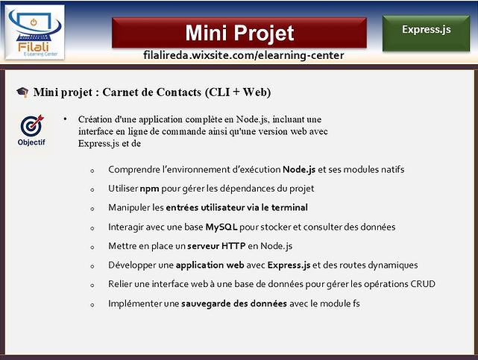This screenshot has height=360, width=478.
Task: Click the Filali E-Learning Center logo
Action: point(35,32)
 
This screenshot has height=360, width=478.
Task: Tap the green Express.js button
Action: point(427,33)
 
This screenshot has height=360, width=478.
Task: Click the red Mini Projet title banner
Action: point(239,33)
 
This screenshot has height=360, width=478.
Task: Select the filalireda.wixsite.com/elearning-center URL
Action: point(244,55)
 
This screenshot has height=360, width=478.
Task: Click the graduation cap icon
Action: point(22,92)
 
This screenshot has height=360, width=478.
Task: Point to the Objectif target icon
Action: point(32,125)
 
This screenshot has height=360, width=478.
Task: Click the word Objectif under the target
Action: point(31,142)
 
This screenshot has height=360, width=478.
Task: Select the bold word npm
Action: point(149,189)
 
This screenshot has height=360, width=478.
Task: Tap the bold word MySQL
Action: point(221,227)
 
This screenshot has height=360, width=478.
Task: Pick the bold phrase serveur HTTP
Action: point(216,246)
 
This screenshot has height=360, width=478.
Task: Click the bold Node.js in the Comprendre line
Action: point(299,170)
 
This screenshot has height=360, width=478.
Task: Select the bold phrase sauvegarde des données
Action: point(234,303)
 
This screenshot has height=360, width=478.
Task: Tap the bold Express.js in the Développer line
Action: point(289,265)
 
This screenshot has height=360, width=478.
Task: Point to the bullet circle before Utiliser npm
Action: point(92,190)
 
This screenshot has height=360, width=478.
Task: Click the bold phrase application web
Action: point(210,265)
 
